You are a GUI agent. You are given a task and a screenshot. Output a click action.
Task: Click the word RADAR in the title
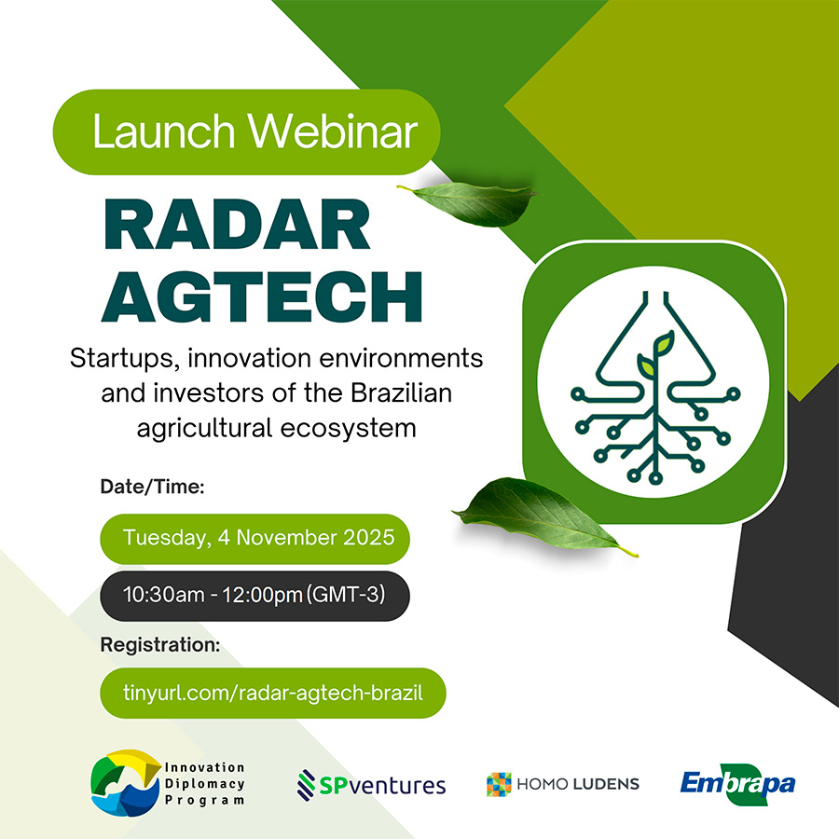click(x=237, y=225)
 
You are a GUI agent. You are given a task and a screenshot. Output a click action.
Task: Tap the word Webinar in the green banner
click(x=332, y=131)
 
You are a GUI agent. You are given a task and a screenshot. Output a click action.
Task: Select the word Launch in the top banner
click(x=164, y=131)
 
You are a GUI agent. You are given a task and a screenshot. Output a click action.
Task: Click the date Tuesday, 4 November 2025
click(x=259, y=538)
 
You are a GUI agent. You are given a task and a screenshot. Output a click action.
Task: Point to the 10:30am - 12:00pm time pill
click(x=254, y=596)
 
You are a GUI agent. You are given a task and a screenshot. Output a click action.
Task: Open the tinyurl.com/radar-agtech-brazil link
click(x=273, y=693)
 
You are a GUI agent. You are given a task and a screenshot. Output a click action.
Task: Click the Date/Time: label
click(x=153, y=487)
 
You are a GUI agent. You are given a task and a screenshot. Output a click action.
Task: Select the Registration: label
click(x=160, y=645)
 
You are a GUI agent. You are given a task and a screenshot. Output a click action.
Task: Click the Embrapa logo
click(x=738, y=784)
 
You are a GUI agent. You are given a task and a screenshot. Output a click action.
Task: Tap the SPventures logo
click(x=371, y=785)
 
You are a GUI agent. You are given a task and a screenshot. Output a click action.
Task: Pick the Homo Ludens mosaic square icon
click(x=499, y=784)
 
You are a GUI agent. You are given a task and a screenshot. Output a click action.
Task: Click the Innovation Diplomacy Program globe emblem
click(x=126, y=783)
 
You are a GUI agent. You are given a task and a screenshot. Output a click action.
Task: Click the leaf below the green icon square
click(x=541, y=514)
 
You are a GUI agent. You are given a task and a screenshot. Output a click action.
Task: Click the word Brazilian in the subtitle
click(x=401, y=393)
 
